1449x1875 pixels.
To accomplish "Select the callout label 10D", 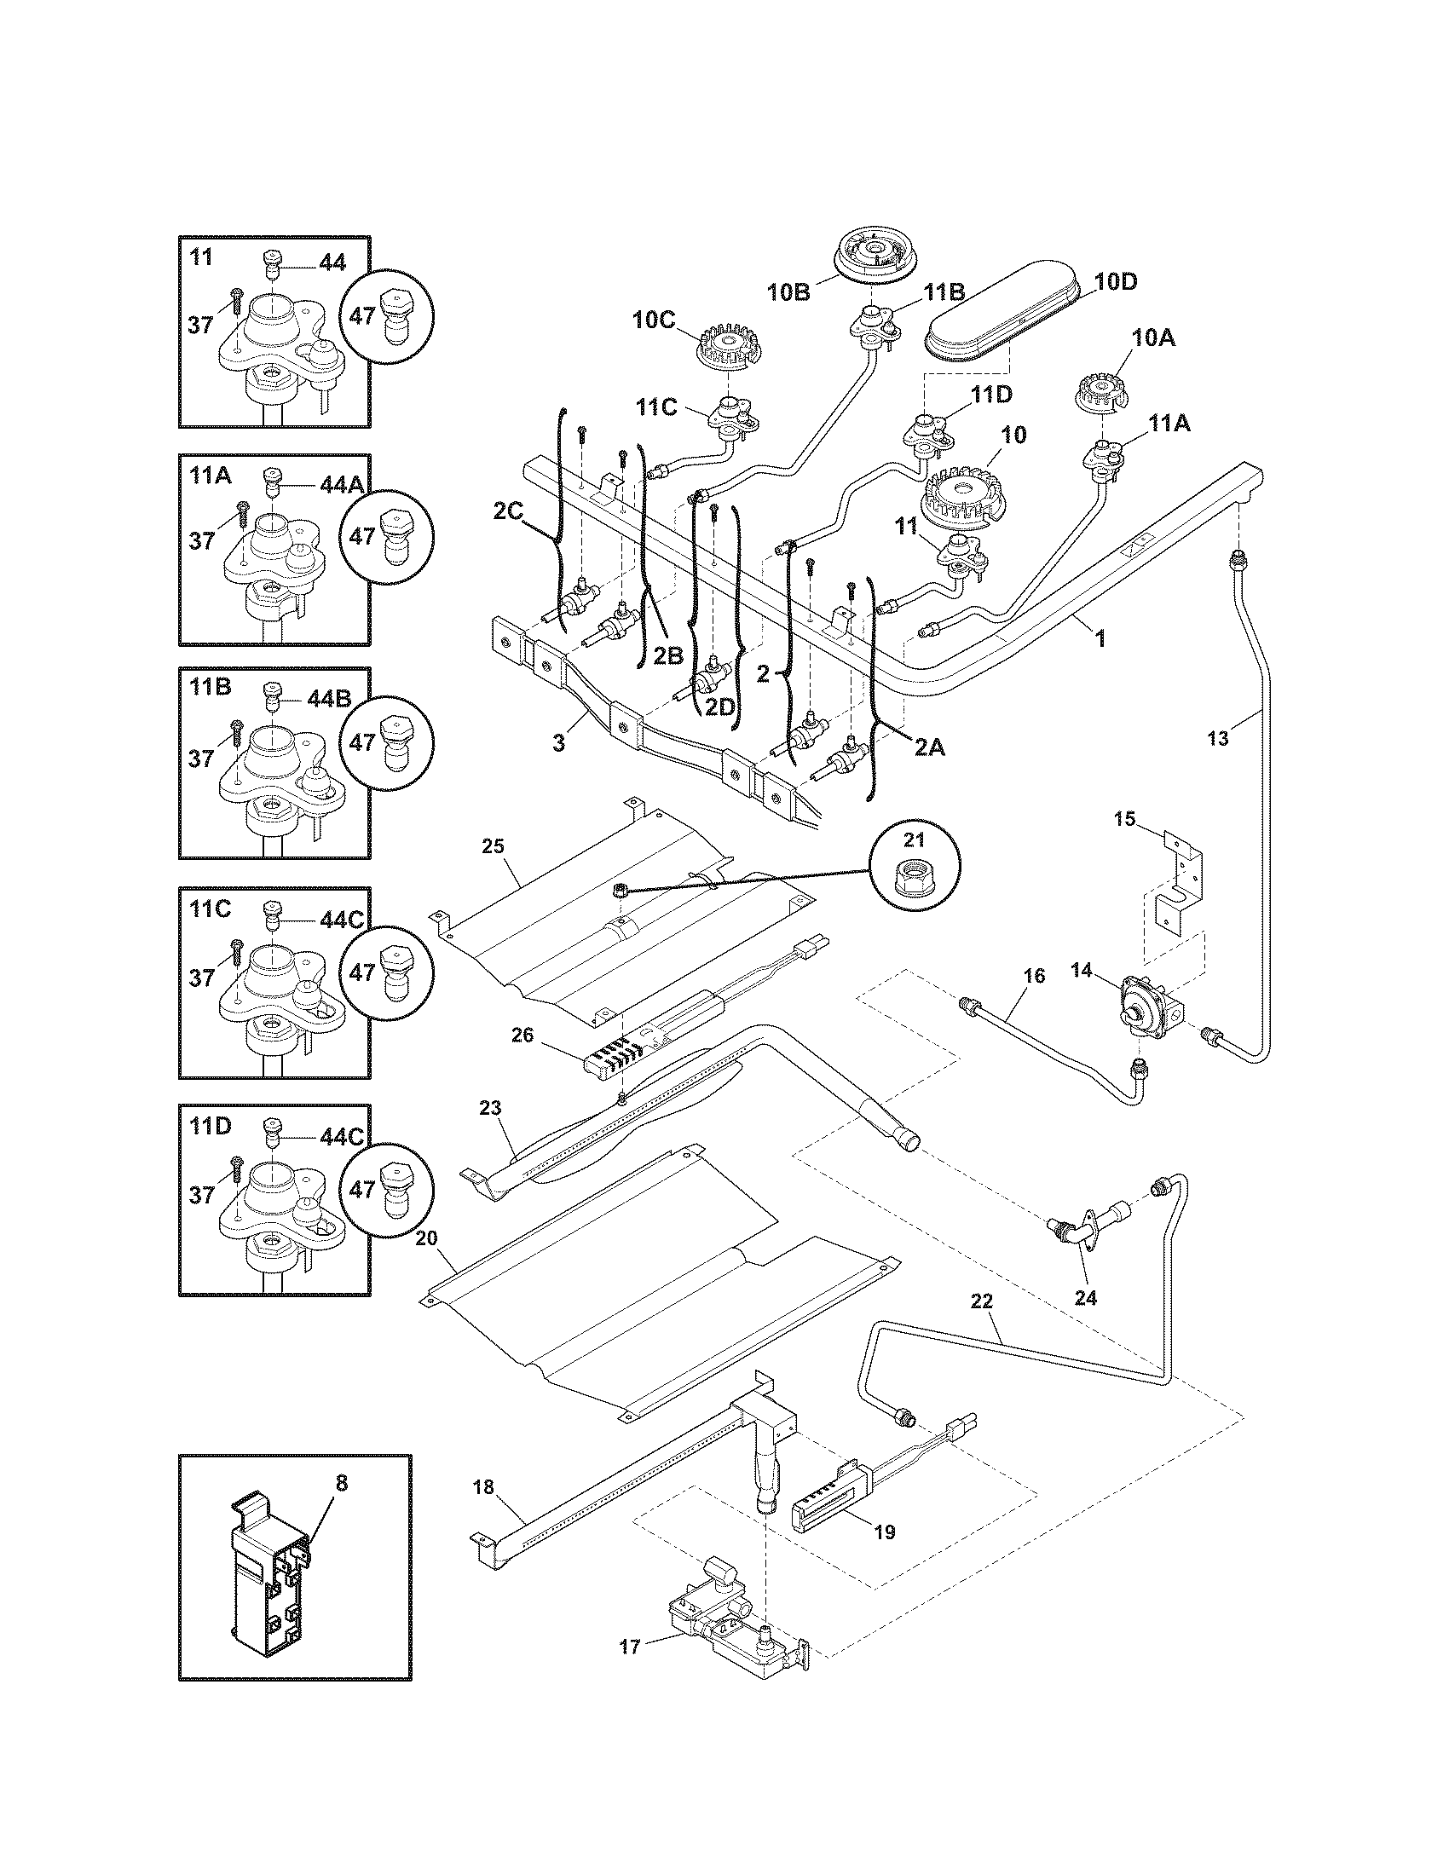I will (x=1116, y=282).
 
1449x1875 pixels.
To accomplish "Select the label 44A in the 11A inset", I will (x=341, y=485).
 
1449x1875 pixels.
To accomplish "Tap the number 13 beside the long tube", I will (x=1217, y=736).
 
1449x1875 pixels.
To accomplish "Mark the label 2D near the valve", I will (x=722, y=706).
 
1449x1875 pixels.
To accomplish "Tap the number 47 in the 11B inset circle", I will (x=363, y=741).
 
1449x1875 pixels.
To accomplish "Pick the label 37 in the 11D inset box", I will (x=200, y=1195).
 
